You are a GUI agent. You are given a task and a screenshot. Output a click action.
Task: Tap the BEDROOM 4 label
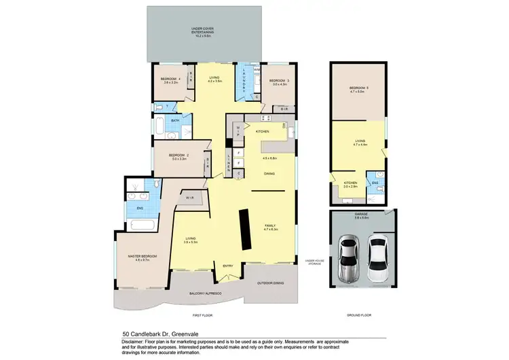point(169,79)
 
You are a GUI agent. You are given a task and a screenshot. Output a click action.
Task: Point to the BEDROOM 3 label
point(279,82)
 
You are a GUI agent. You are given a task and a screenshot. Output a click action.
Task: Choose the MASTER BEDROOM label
point(142,256)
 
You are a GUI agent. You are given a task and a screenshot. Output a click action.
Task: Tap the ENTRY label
point(228,266)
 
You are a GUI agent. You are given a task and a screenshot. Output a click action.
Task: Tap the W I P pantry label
point(238,130)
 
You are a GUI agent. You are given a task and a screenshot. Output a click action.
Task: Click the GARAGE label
point(361,216)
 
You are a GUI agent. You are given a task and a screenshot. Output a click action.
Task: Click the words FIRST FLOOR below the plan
point(202,316)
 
